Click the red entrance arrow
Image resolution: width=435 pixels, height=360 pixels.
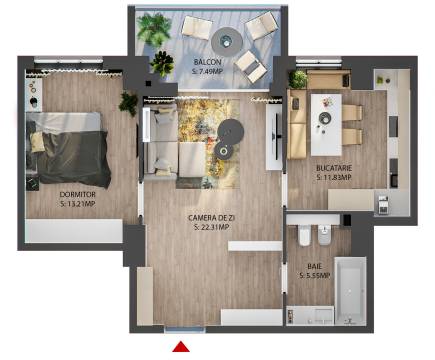181,347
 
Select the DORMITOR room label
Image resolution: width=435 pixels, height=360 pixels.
77,194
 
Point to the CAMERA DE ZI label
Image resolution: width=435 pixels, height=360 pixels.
211,218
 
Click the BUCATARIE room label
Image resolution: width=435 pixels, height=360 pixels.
334,168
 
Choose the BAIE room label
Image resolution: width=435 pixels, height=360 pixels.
315,266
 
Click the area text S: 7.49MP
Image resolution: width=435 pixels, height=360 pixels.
207,71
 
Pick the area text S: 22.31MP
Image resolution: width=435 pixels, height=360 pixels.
211,227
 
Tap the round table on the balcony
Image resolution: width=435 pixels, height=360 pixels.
227,42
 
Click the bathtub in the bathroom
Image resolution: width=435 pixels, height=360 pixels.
350,291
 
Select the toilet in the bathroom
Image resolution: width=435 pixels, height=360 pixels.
304,235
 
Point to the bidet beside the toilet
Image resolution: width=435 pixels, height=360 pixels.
324,235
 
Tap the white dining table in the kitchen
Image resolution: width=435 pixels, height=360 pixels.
326,125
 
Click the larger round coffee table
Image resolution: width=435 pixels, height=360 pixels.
230,131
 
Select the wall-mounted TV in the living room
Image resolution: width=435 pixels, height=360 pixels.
276,135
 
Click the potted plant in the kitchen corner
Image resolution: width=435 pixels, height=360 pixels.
297,79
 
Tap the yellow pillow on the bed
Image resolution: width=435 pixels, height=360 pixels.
37,142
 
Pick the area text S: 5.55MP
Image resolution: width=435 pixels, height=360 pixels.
315,276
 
